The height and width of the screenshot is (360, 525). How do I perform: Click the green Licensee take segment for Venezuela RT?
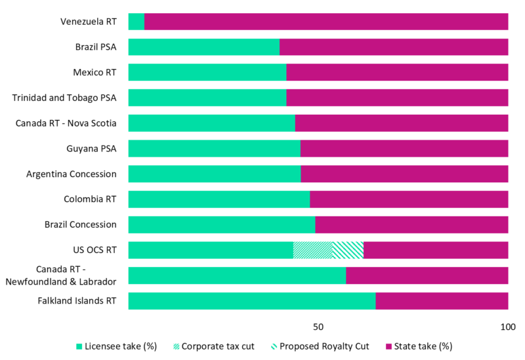tap(136, 22)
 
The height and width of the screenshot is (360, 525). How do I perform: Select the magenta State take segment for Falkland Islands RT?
tap(442, 301)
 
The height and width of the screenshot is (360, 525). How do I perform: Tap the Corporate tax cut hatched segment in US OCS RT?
tap(312, 250)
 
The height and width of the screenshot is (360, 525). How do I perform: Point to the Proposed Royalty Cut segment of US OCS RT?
tap(348, 250)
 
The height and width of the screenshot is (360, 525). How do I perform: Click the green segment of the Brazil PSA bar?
tap(203, 47)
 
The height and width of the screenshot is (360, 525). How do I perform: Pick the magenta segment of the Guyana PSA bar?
tap(404, 148)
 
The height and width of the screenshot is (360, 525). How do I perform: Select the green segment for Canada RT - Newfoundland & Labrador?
tap(237, 275)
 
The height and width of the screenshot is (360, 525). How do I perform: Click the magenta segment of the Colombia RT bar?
tap(409, 199)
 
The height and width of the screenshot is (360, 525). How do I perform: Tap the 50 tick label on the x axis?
tap(318, 327)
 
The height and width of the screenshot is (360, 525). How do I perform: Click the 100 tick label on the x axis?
tap(507, 327)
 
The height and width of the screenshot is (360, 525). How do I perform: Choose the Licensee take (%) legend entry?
tap(116, 346)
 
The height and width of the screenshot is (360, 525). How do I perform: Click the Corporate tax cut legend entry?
tap(212, 346)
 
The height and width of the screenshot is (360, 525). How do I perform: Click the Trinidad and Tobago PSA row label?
tap(64, 98)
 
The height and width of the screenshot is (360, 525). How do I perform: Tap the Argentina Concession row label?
tap(72, 174)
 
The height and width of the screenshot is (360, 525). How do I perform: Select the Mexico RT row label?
tap(93, 72)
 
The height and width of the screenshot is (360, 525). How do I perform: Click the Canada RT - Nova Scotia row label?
tap(66, 123)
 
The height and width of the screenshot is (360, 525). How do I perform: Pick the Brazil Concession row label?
tap(81, 224)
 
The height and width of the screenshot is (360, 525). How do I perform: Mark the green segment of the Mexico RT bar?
tap(207, 72)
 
